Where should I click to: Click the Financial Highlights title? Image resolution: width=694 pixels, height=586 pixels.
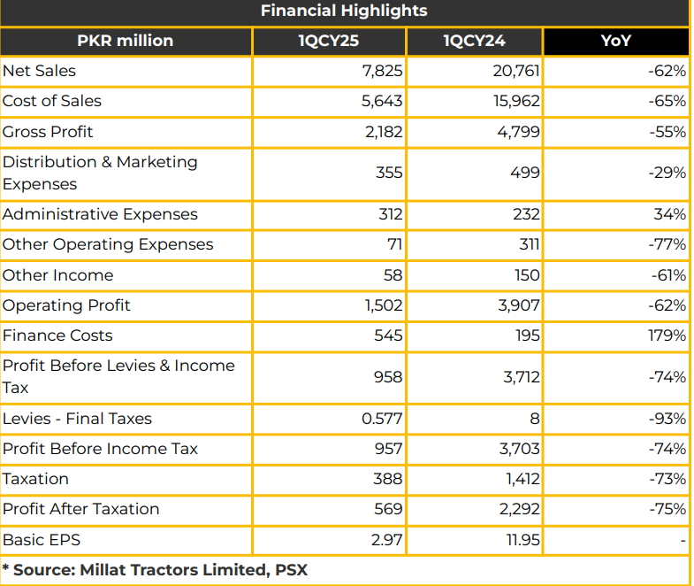coord(344,11)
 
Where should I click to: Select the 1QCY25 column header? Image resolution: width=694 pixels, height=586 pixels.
coord(328,41)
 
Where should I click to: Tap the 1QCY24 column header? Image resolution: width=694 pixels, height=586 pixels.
coord(474,41)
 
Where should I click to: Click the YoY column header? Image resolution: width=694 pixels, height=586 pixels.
coord(615,41)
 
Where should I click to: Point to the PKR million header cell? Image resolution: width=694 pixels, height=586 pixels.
coord(126,41)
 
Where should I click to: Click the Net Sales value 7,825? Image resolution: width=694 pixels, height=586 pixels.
coord(383,71)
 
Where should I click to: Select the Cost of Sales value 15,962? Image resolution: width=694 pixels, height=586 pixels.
coord(516,101)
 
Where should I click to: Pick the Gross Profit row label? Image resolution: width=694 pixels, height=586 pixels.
coord(48,132)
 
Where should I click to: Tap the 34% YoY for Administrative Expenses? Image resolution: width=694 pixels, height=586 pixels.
coord(669,214)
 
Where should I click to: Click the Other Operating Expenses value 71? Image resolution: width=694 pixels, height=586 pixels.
coord(394,244)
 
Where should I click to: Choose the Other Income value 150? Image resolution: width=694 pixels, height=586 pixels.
coord(527,275)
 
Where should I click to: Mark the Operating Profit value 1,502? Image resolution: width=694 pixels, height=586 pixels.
coord(384,305)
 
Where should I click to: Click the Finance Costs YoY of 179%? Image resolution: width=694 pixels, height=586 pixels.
coord(667,335)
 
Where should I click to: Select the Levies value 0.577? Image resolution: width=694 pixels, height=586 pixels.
coord(382,419)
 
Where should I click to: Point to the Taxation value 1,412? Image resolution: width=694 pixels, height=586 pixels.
coord(522,479)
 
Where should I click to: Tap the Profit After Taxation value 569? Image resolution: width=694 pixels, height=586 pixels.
coord(388,509)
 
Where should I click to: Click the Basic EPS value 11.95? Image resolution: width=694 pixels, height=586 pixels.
coord(523,540)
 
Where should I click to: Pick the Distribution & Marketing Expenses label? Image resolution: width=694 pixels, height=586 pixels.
coord(100,173)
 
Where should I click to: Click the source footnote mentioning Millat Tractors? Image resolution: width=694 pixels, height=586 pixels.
coord(155,570)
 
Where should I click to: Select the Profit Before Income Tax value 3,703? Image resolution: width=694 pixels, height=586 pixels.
coord(520,449)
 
